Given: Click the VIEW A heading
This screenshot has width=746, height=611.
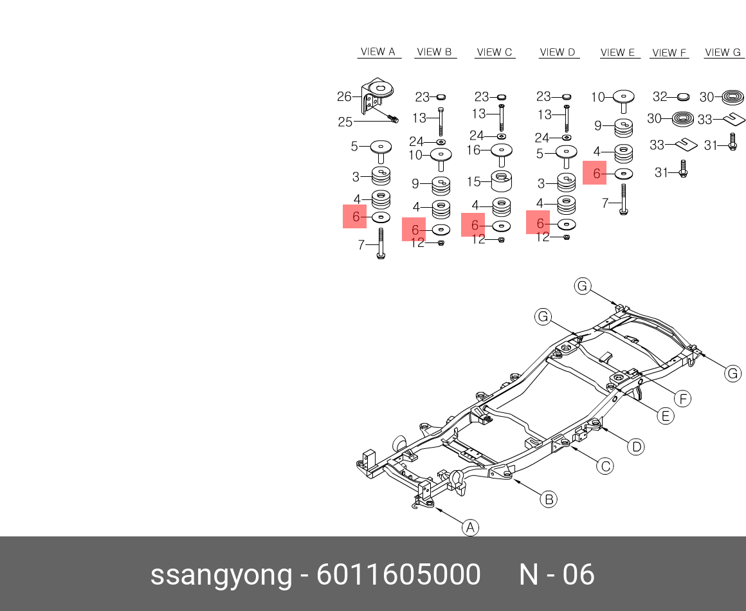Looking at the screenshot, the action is point(378,52).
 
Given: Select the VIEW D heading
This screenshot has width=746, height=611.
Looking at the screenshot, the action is point(557,52).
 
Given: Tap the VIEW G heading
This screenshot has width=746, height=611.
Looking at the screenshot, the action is point(722,52).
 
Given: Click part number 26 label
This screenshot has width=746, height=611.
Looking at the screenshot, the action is point(344,97).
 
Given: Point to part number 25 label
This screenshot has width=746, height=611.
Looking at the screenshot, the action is point(345,122).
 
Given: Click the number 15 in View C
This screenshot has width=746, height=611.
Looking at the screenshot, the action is point(473,182).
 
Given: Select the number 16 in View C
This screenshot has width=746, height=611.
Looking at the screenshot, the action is point(473,150).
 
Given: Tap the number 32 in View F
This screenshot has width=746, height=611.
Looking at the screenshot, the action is point(660,97).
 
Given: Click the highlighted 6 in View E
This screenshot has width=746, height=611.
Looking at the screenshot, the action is point(596,173).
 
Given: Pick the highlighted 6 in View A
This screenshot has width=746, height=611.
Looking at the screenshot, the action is point(356,217).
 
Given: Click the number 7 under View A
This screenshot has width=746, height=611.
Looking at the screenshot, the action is point(361,244).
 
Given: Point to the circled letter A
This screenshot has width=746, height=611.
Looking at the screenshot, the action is point(471,528).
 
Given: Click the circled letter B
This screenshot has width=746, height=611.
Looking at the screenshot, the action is point(548,499).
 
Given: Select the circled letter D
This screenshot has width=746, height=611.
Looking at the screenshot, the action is point(635,446).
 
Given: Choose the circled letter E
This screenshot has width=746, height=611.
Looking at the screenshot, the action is point(666,416).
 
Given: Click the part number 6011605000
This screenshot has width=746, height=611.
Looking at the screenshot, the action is point(398,574).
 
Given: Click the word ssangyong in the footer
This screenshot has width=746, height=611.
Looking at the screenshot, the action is point(221,574).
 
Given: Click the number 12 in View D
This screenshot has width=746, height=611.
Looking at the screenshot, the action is point(543,237).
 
